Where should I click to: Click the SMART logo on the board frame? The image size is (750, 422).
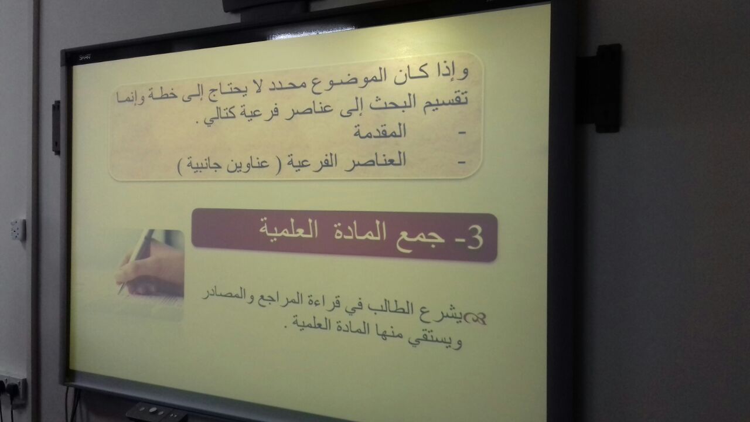pyautogui.click(x=85, y=57)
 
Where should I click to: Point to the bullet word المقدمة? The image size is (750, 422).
pyautogui.click(x=380, y=131)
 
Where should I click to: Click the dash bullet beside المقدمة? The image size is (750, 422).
pyautogui.click(x=462, y=134)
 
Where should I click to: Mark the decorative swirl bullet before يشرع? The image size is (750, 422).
pyautogui.click(x=474, y=318)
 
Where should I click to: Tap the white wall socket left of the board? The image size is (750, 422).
pyautogui.click(x=18, y=230)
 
